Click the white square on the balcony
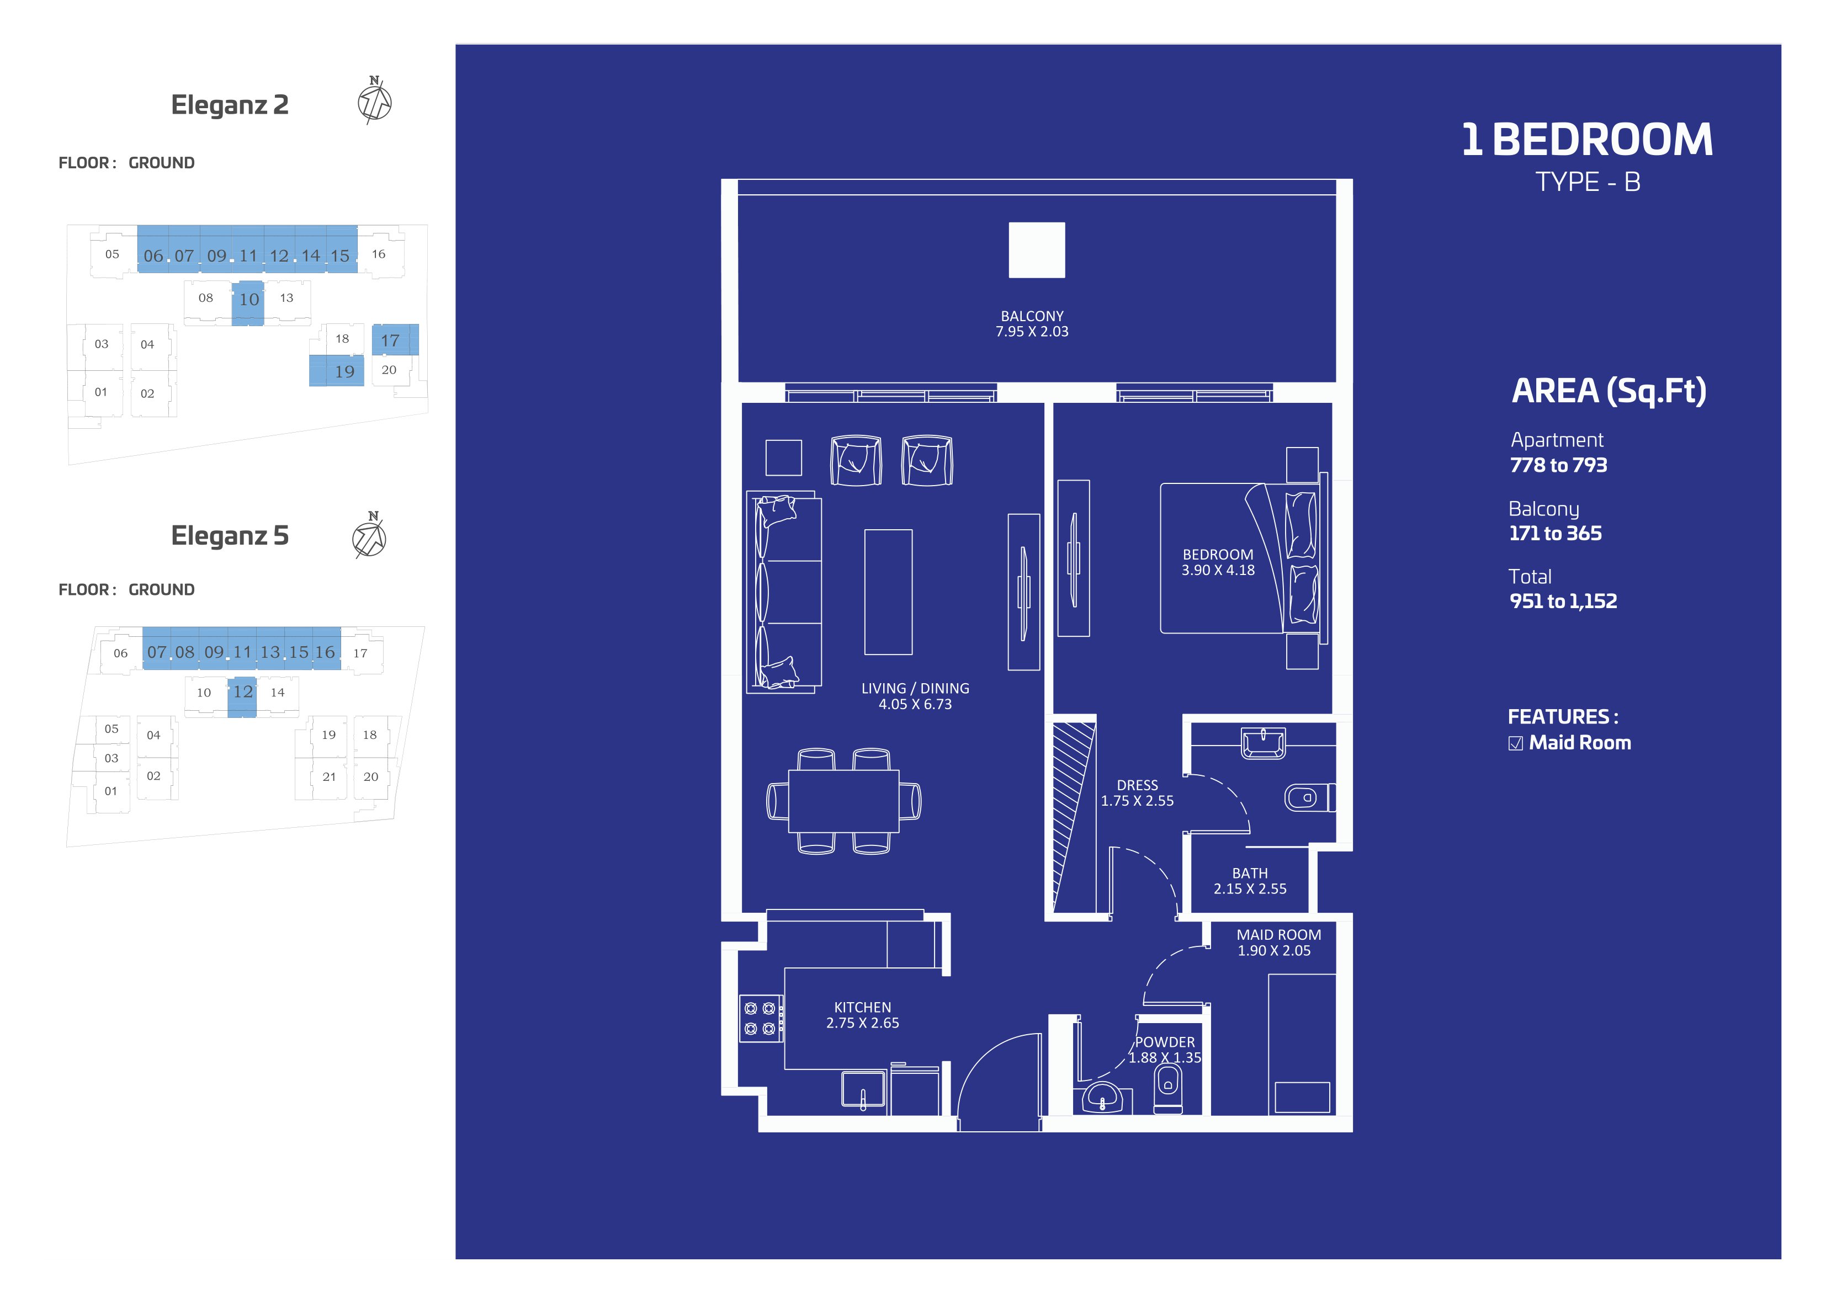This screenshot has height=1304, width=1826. pos(1037,250)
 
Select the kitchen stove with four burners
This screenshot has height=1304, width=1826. pos(760,1018)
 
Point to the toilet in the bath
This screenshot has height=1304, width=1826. pos(1307,797)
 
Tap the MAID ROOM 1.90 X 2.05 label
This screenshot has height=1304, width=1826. pos(1278,943)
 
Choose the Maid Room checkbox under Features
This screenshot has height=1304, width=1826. pos(1515,743)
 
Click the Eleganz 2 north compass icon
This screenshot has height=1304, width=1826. pos(374,101)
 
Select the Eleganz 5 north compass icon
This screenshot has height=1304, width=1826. pos(369,536)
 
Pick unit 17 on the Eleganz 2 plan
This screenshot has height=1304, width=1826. pos(395,339)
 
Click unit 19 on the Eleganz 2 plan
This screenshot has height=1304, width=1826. pos(337,371)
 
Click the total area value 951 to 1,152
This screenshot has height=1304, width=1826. pos(1563,602)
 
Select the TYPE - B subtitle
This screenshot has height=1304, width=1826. pos(1588,182)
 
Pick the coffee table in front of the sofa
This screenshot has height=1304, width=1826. pos(888,592)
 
